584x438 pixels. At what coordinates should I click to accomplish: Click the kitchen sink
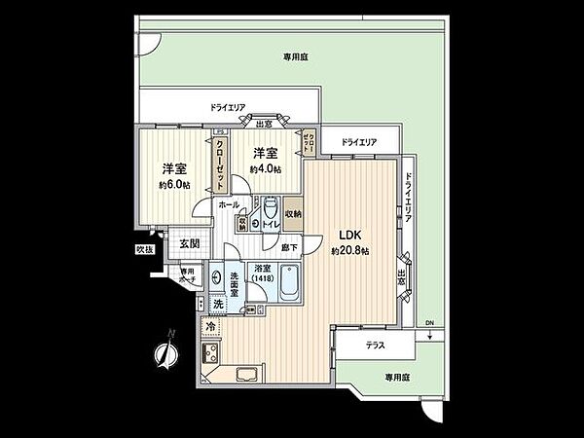(243, 374)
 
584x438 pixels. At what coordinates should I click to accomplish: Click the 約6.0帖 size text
(175, 184)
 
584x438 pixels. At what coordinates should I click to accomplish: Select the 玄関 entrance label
(189, 243)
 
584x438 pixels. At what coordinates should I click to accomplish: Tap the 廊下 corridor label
(291, 248)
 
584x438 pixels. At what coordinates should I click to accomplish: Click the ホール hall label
(228, 204)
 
